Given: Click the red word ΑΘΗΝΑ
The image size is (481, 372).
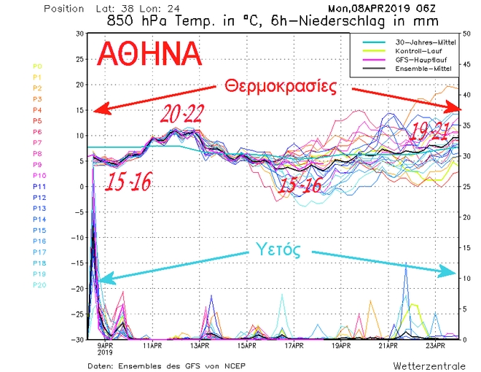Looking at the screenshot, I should tap(149, 55).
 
